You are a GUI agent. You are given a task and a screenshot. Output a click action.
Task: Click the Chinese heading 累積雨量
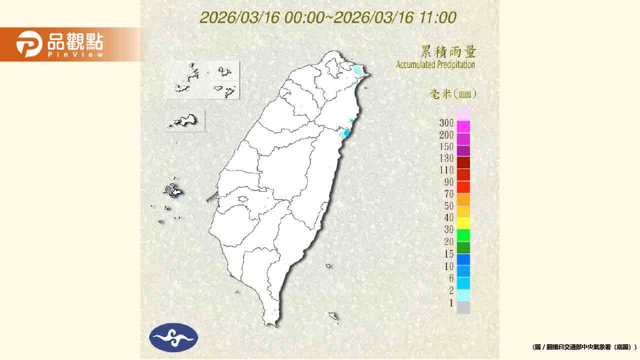[x=448, y=52]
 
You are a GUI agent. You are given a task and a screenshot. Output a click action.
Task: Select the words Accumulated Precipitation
[x=435, y=64]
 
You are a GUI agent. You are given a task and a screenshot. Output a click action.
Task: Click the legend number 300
[x=446, y=123]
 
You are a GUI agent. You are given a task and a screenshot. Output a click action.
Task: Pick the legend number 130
[x=446, y=158]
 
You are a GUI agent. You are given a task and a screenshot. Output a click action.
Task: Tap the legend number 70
[x=448, y=194]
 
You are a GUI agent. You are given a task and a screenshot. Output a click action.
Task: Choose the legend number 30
[x=448, y=229]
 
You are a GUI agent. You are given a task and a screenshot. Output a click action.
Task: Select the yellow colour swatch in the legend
[x=463, y=223]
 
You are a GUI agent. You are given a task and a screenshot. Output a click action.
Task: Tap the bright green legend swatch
[x=463, y=235]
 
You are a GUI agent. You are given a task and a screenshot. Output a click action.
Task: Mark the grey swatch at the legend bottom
[x=463, y=307]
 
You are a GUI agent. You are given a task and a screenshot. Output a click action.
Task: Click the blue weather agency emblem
[x=173, y=337]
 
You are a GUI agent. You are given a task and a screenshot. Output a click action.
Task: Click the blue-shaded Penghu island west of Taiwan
[x=173, y=190]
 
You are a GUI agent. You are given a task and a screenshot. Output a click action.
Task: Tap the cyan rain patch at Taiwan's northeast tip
[x=358, y=70]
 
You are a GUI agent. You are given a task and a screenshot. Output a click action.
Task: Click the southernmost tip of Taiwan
[x=272, y=325]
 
